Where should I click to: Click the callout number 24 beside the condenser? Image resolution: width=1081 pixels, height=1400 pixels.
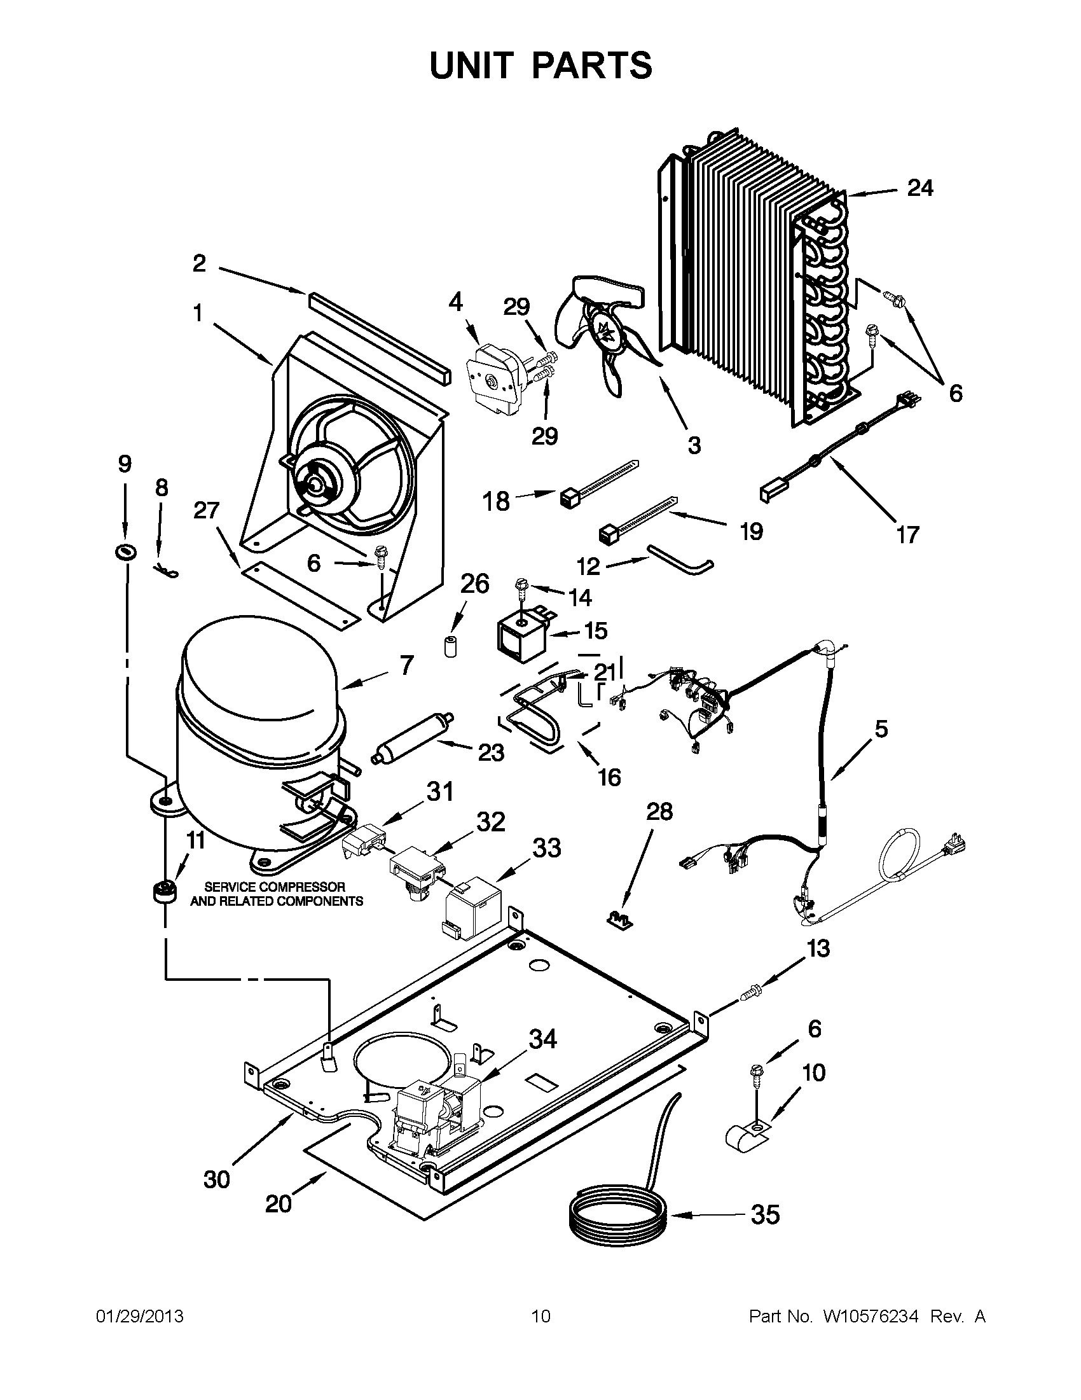(x=919, y=188)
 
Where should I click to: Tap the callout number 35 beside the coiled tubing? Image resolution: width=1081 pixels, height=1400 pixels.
(x=765, y=1214)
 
